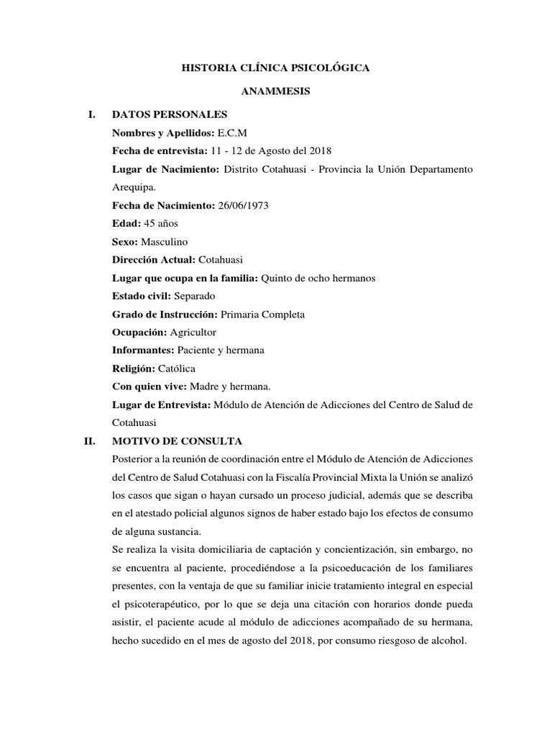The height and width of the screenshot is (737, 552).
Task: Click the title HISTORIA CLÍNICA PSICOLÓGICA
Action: point(276,68)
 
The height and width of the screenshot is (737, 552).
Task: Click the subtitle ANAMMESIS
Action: point(275,93)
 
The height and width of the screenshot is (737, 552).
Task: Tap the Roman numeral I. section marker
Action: point(91,114)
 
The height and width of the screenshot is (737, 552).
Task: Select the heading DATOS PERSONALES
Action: point(170,114)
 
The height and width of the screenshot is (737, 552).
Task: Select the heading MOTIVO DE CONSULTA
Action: point(178,440)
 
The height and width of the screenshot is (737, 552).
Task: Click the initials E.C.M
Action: point(231,133)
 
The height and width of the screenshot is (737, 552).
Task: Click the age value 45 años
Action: point(159,223)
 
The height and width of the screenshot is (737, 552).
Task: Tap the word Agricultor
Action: point(193,332)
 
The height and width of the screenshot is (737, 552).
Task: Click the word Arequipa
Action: point(134,187)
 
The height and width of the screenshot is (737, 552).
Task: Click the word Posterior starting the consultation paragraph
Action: point(134,459)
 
